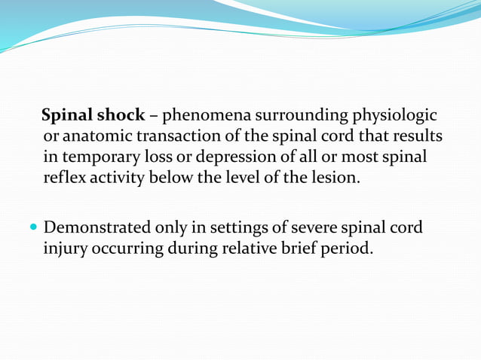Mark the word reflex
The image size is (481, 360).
(65, 178)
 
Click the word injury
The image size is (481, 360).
(65, 248)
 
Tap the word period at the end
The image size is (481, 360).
(348, 248)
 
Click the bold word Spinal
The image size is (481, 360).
(66, 116)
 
